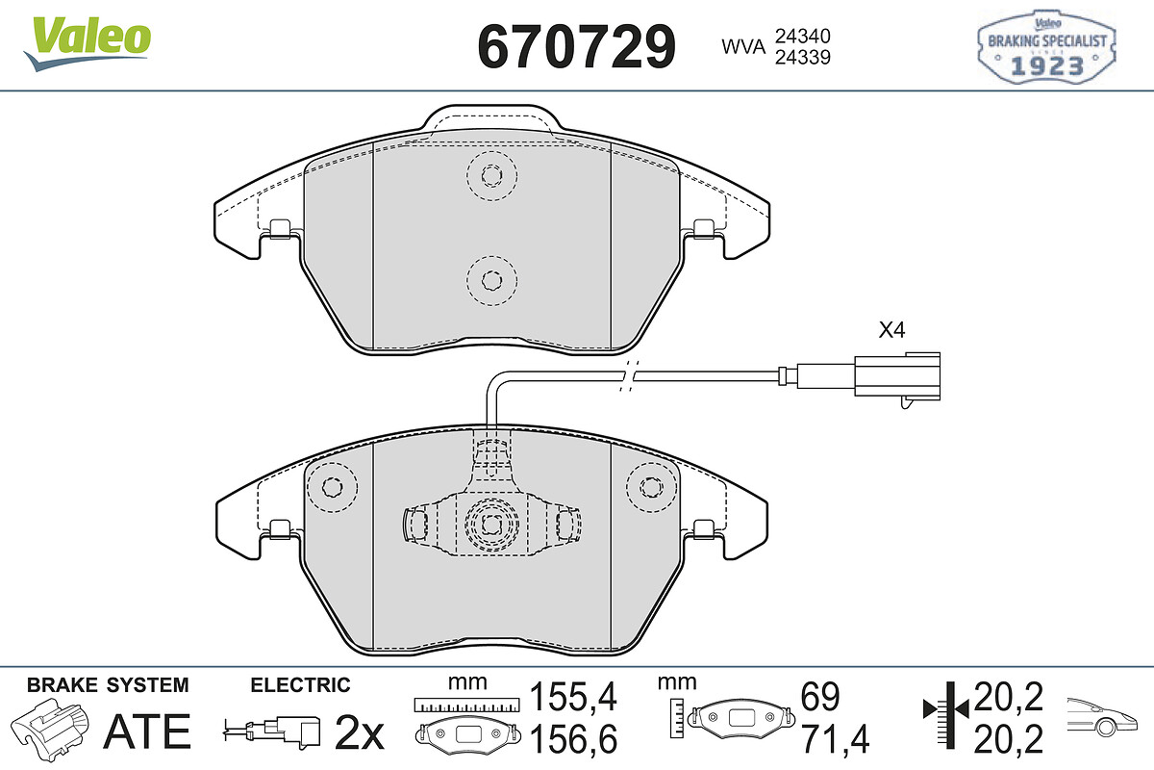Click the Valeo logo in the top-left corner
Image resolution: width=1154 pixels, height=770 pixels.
[88, 44]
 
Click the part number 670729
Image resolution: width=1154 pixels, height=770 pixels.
[576, 47]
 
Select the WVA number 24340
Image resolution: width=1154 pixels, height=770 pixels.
[803, 37]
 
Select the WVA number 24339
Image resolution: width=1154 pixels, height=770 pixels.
[803, 57]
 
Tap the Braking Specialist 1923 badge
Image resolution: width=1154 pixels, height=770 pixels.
[1046, 47]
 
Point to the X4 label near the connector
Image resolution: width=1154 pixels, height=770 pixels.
[891, 329]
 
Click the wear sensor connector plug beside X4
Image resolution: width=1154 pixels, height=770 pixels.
[896, 379]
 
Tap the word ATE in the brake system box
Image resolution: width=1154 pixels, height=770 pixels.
[147, 731]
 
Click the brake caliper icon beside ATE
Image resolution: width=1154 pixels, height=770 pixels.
[50, 728]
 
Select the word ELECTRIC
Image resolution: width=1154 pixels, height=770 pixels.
[300, 685]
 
